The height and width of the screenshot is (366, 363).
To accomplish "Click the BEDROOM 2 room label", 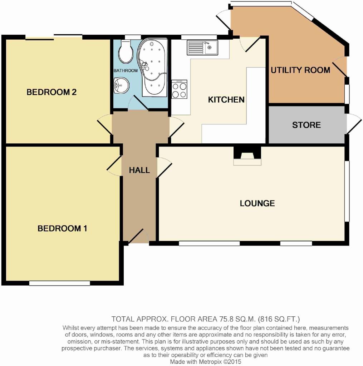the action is point(51,92).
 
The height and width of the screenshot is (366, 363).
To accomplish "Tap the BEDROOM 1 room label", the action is point(62,228).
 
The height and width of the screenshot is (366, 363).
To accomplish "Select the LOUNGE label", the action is point(257,203).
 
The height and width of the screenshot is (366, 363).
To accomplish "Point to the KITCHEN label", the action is point(226,100).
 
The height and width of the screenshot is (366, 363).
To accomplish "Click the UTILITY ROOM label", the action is point(300,70).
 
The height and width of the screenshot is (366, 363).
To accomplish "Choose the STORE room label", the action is point(306,125).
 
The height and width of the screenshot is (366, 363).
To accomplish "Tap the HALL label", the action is point(139,170).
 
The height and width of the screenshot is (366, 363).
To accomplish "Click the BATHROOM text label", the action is point(126,70).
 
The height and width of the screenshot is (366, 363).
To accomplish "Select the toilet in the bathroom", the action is point(126,51).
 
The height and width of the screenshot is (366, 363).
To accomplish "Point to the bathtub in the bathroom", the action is point(152,68).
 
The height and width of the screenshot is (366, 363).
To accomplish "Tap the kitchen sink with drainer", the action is point(202,48).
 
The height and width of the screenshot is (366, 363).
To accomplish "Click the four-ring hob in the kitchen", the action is point(179,89).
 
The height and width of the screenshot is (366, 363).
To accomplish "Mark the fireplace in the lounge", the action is point(247,156).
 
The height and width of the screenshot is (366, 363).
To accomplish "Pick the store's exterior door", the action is point(354,124).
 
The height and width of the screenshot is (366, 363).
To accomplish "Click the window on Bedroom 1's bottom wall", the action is point(60,283).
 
